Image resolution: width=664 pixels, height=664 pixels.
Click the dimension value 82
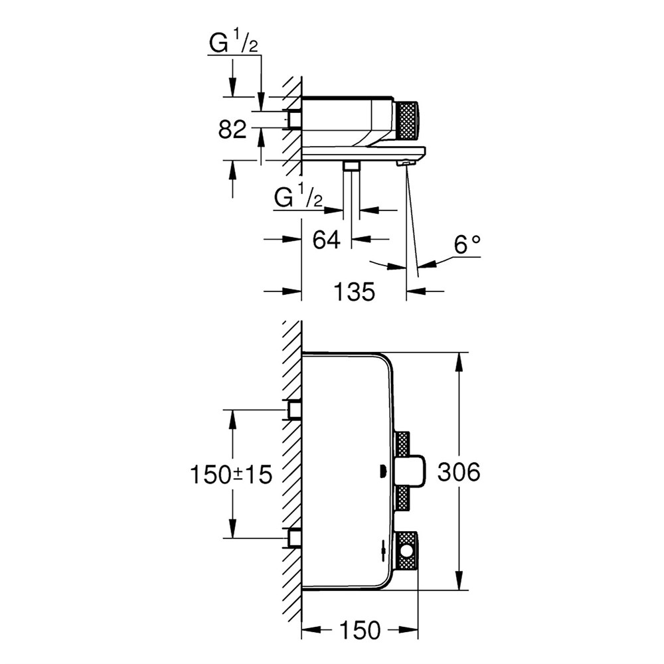coord(232,129)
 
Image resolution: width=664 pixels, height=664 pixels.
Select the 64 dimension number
coord(326,239)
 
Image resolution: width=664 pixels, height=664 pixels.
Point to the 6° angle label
coord(467,246)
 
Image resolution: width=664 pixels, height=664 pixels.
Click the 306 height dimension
coord(458,473)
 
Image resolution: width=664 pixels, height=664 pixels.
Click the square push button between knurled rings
coord(410,473)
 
